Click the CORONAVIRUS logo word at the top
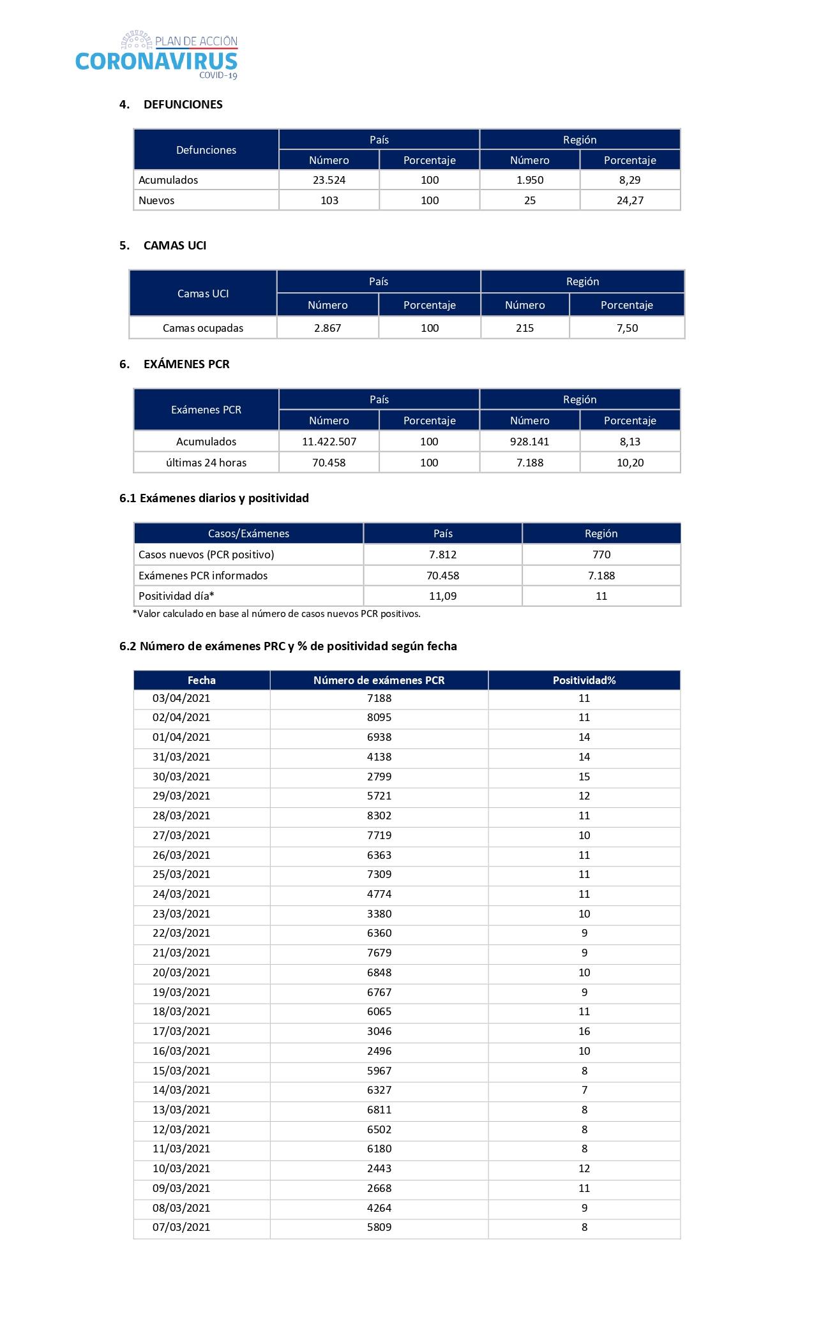coord(156,62)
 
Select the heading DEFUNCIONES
coord(183,105)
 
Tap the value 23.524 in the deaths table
coord(329,180)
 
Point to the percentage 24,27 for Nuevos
coord(629,200)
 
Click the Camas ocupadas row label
coord(203,328)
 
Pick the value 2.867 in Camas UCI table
coord(328,328)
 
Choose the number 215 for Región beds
coord(525,328)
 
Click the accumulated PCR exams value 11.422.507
coord(329,442)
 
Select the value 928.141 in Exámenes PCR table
coord(529,442)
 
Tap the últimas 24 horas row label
coord(206,463)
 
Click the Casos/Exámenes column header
coord(248,533)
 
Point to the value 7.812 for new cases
coord(442,555)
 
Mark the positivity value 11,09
coord(442,596)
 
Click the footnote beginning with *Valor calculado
coord(276,614)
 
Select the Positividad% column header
coord(584,680)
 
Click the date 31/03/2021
coord(181,757)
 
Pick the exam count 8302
coord(379,815)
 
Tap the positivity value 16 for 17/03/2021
coord(584,1031)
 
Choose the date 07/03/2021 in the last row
coord(181,1227)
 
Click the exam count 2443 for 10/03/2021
coord(379,1168)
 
